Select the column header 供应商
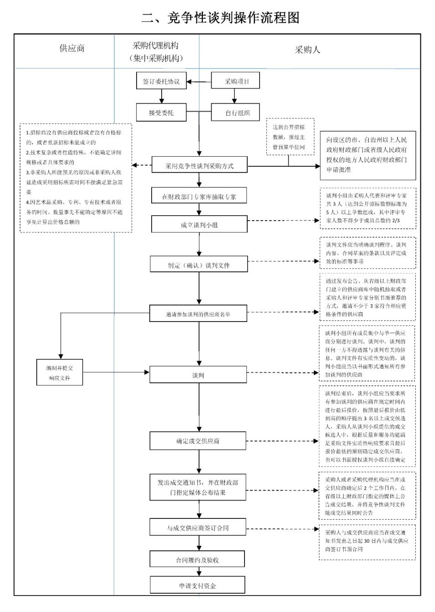click(x=72, y=48)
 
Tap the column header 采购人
click(x=307, y=50)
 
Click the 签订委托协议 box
click(x=161, y=82)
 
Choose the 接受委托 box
click(x=161, y=112)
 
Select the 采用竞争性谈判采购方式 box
click(x=199, y=166)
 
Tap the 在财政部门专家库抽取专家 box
click(x=199, y=197)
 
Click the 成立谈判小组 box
click(x=199, y=225)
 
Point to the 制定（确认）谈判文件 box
click(x=199, y=265)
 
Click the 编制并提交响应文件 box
click(x=60, y=373)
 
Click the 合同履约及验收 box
click(x=197, y=559)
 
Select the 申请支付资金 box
click(x=197, y=586)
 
